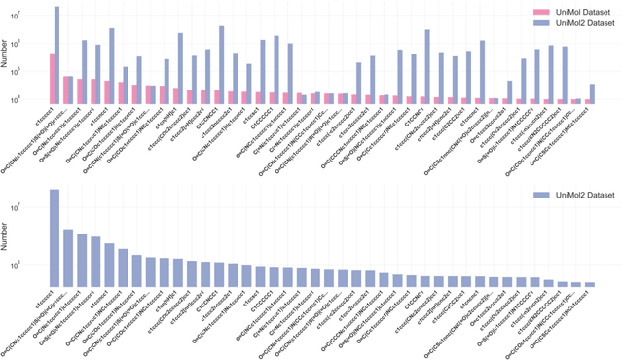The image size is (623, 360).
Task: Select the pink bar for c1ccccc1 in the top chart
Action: tap(52, 77)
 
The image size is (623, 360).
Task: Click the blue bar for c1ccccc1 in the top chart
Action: tap(57, 54)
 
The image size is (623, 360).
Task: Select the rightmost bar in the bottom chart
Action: tap(589, 285)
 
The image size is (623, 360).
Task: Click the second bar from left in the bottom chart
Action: tap(68, 258)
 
